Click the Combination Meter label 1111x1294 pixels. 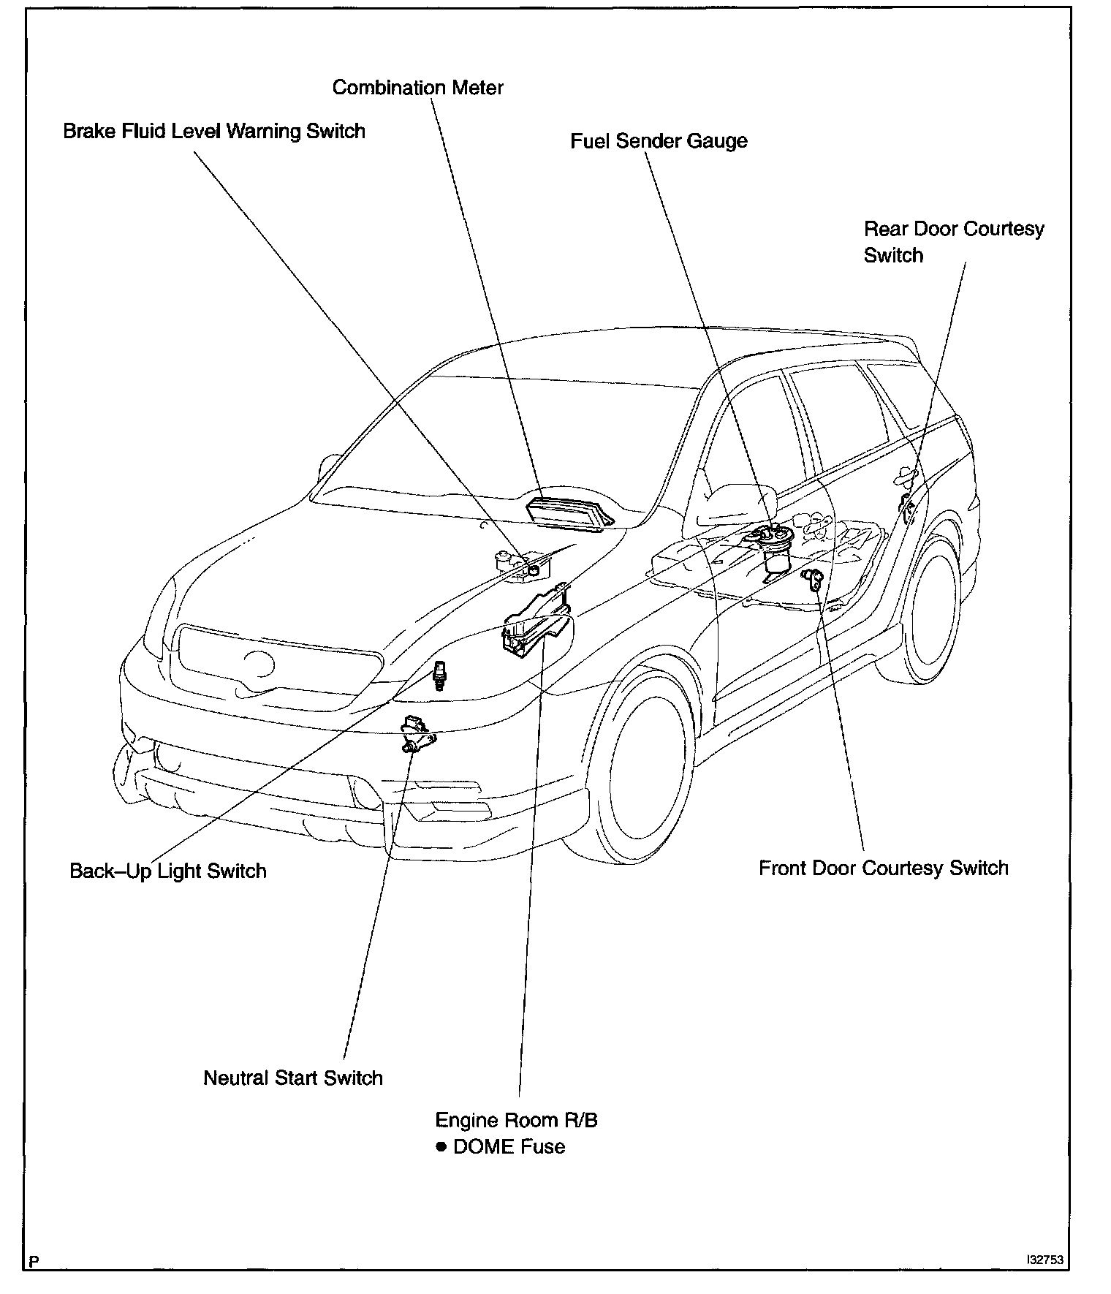(x=417, y=88)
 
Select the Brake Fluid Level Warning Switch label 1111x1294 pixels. (x=214, y=132)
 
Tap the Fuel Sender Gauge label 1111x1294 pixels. (x=659, y=140)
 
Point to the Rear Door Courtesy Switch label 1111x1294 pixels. (x=953, y=242)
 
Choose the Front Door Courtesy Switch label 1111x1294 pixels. (x=883, y=868)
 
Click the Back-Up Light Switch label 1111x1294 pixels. (x=168, y=871)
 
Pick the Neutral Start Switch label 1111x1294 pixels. (x=292, y=1078)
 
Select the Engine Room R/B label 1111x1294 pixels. (x=516, y=1120)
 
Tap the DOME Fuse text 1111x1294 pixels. (x=509, y=1146)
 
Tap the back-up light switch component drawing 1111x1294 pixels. (x=439, y=676)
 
